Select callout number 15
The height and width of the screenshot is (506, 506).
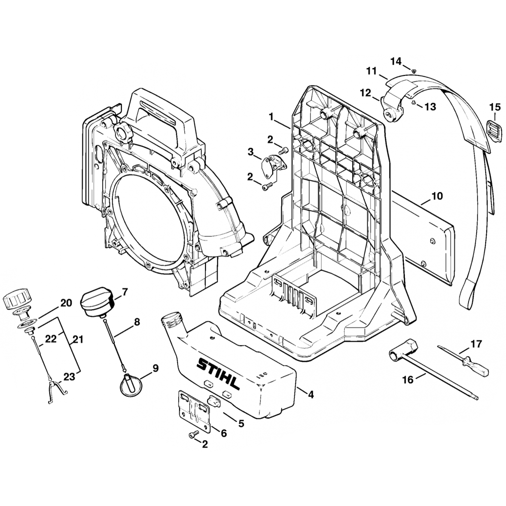[494, 107]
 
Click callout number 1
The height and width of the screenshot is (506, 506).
[271, 116]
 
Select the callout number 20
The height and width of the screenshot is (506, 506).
[66, 303]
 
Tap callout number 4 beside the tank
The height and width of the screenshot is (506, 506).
[311, 395]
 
